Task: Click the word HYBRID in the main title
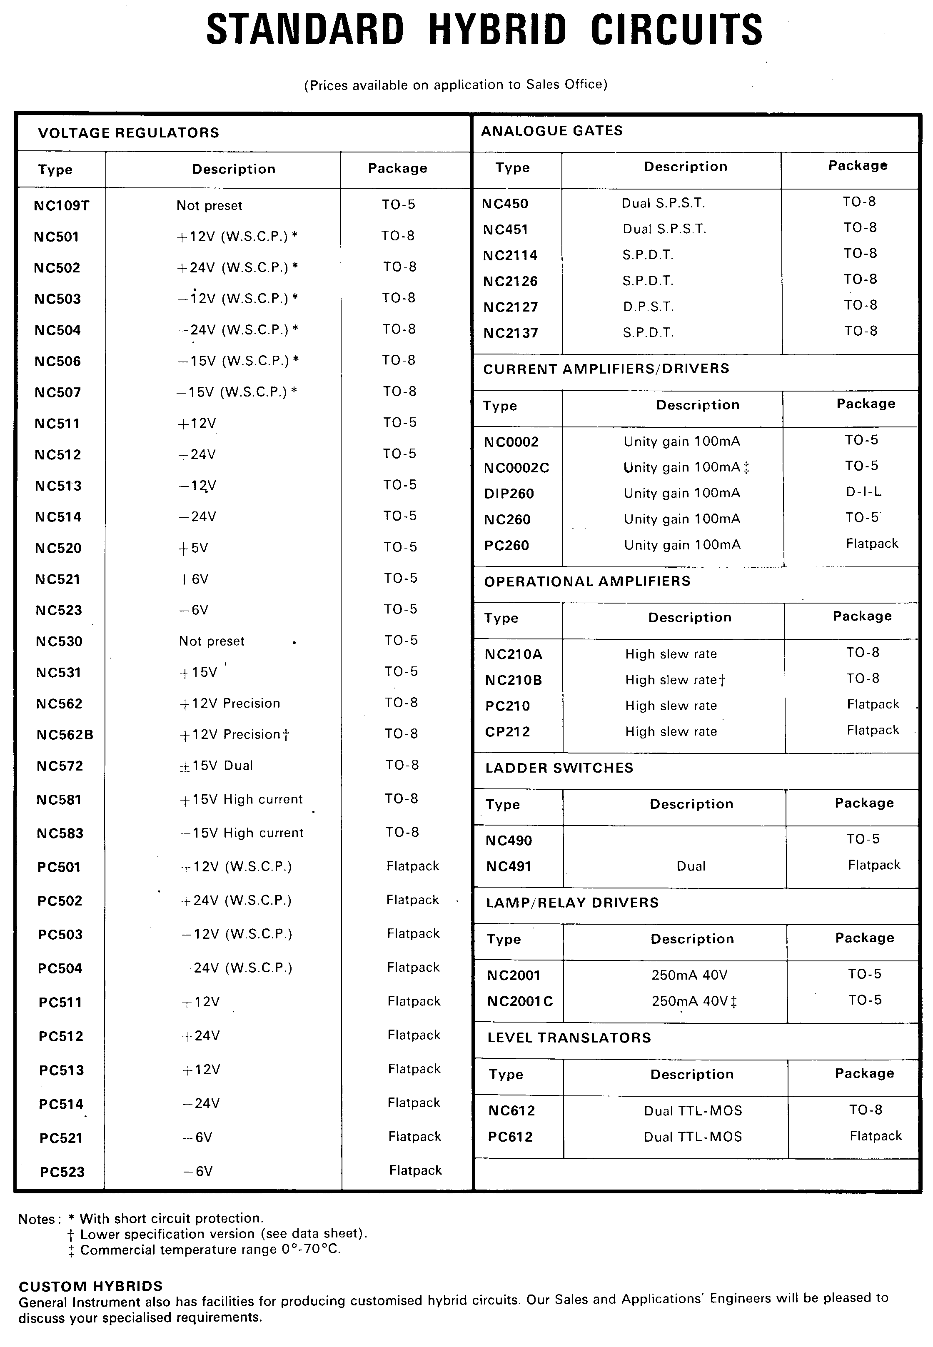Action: (x=497, y=30)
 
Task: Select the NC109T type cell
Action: (x=61, y=206)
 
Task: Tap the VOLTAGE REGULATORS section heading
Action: (x=129, y=133)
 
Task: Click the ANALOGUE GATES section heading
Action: (x=552, y=131)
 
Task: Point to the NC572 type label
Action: (x=60, y=766)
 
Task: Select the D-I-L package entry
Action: (x=863, y=491)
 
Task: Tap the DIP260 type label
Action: (x=509, y=494)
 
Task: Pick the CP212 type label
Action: (x=507, y=732)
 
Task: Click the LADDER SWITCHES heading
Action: (x=559, y=768)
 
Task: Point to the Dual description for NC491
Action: (x=691, y=866)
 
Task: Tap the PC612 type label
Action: (x=510, y=1137)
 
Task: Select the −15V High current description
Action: (x=242, y=833)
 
